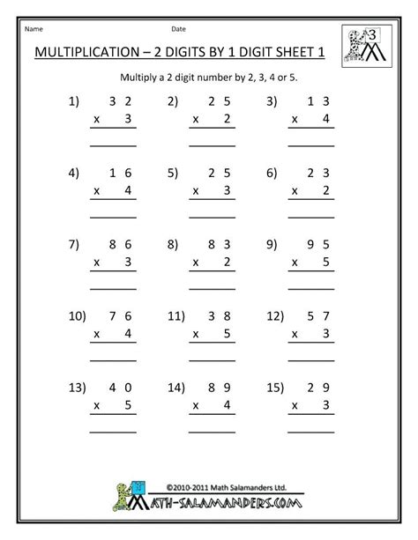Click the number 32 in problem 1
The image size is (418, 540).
coord(119,104)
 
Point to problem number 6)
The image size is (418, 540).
coord(272,174)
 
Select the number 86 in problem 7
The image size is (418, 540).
coord(119,244)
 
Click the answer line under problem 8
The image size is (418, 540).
coord(212,285)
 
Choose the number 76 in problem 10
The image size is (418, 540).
coord(119,314)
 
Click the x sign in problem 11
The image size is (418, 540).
coord(194,331)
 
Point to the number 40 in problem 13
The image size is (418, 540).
coord(119,385)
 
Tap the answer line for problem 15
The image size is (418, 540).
coord(312,429)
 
